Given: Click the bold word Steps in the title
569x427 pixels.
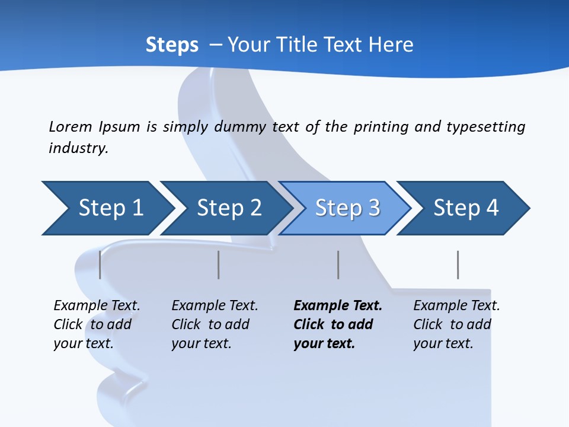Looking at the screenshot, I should coord(172,45).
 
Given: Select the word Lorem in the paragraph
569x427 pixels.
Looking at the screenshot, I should coord(70,127).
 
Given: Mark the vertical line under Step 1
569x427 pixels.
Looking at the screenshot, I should coord(100,265).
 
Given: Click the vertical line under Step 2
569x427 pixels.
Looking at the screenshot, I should coord(218,265).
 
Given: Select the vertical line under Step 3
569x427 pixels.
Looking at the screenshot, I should coord(338,265).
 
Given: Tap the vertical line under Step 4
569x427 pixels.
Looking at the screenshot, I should coord(458,265).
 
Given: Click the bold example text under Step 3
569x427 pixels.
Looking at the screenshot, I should coord(337,324).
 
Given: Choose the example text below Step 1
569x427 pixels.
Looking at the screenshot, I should coord(96,324).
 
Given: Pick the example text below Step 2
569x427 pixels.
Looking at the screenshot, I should coord(214,324).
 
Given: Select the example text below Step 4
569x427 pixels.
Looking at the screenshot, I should coord(456,324).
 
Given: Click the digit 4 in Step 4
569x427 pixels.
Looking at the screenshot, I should coord(492,208).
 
